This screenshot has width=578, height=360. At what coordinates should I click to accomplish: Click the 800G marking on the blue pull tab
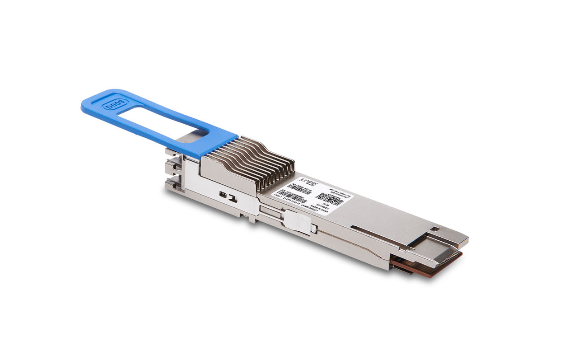[111, 107]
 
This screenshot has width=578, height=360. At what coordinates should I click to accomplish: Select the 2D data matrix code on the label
[329, 199]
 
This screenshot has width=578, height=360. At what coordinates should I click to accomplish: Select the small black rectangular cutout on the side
[223, 194]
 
